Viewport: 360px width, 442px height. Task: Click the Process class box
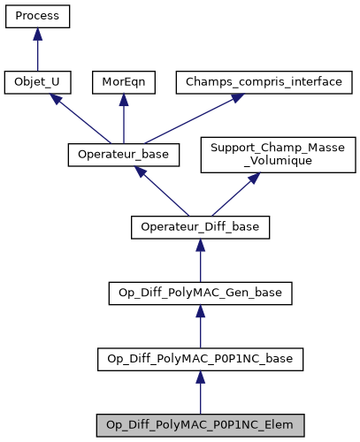tap(36, 17)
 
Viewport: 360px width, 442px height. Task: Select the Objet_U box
tap(36, 82)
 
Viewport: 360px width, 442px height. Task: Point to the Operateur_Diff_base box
tap(200, 227)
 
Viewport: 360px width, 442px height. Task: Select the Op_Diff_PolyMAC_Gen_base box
tap(200, 293)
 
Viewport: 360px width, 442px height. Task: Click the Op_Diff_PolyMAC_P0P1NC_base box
tap(200, 358)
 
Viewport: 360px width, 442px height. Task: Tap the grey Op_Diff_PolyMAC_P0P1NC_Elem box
tap(200, 423)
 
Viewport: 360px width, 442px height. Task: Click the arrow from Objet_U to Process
tap(36, 51)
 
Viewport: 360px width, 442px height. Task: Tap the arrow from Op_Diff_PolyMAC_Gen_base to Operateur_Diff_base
tap(200, 262)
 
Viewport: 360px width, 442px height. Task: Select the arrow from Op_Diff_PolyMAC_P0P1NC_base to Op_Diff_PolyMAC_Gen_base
tap(200, 327)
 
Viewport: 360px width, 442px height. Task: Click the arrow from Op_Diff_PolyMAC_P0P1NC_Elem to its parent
tap(200, 392)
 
